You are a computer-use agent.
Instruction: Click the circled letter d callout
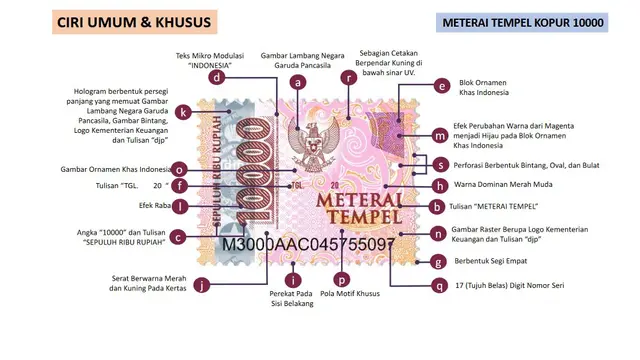coord(217,77)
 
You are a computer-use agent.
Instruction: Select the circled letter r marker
coord(348,77)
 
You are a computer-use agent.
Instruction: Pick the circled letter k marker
coord(182,112)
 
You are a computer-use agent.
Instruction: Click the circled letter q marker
coord(437,286)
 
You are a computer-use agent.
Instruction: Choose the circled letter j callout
coord(204,285)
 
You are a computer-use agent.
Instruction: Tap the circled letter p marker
coord(343,281)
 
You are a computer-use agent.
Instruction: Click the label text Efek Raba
coord(150,206)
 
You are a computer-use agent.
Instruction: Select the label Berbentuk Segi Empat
coord(495,262)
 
